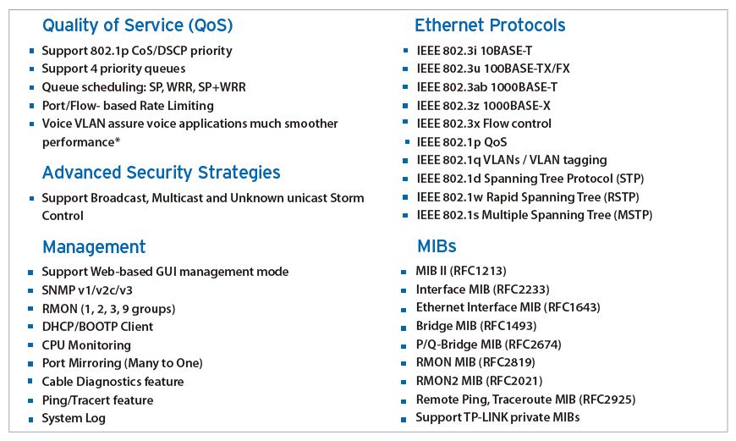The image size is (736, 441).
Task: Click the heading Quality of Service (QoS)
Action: point(138,25)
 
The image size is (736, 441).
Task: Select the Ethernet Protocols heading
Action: point(490,25)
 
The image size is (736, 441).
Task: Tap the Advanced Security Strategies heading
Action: point(161,173)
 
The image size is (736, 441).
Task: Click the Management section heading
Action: point(94,247)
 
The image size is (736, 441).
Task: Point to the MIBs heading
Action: point(437,246)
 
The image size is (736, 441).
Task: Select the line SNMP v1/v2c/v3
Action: point(87,290)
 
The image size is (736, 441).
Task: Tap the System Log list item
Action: point(74,418)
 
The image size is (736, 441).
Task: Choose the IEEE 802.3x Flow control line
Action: point(484,124)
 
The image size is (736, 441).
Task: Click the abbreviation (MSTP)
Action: point(633,215)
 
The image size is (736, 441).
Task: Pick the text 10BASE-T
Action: point(508,51)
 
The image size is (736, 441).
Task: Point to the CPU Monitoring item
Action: point(86,345)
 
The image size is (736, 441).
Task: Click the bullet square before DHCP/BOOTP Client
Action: point(30,327)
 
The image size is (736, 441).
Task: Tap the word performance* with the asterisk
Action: point(81,142)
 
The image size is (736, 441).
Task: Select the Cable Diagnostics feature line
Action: point(113,382)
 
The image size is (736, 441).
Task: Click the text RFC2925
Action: point(607,400)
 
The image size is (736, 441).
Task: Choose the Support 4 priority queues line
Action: point(113,69)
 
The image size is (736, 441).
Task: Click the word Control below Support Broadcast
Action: point(63,216)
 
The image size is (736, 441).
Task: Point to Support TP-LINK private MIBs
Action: point(497,417)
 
